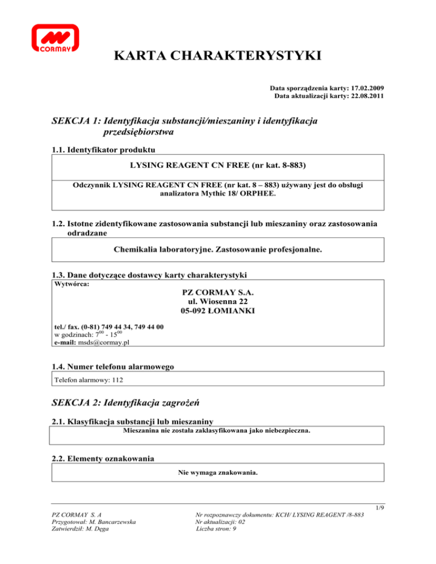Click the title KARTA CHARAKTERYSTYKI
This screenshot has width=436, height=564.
218,56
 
